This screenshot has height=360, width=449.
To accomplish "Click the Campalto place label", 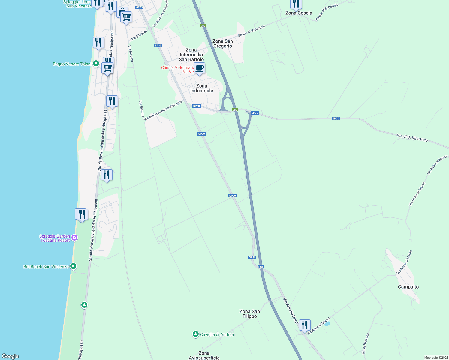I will coord(408,287).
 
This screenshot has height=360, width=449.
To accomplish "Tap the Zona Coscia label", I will coord(299,13).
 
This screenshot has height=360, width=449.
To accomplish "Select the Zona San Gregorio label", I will coord(222,43).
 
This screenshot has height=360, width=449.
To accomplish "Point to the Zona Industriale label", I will coord(201,88).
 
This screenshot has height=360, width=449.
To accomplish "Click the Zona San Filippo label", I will coord(249,314).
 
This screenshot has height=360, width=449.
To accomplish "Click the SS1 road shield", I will coord(261,267).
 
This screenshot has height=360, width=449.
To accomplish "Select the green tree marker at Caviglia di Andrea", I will coord(196,334).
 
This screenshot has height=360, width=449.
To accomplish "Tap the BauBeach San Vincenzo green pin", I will coord(73,266).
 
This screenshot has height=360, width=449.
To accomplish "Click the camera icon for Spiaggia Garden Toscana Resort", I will coord(74,238).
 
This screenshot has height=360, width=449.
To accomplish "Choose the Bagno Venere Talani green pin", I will coord(96,64).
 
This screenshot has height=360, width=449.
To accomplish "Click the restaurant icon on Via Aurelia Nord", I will coord(305,325).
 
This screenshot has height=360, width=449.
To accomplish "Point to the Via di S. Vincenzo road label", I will coord(412,138).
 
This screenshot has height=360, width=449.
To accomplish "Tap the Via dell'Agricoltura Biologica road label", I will coord(163,110).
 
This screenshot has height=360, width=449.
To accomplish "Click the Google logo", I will coord(10,356).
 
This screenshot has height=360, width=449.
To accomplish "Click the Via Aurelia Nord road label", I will coord(291,310).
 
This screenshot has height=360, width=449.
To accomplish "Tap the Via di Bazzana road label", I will coord(366,343).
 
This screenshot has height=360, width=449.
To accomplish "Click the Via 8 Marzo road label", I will coord(139,35).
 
